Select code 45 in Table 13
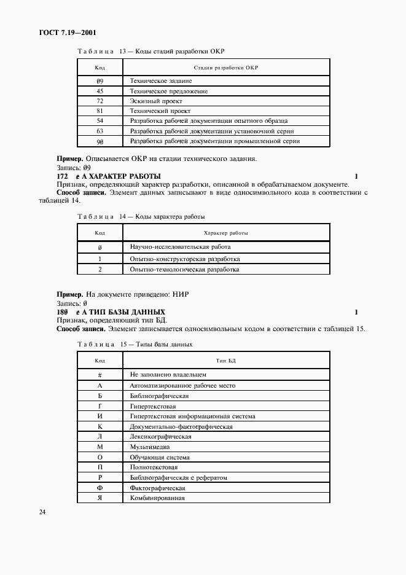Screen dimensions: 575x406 (x=100, y=91)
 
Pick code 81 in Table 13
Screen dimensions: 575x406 (x=100, y=111)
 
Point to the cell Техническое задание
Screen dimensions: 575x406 (x=161, y=81)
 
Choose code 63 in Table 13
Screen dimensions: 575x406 (x=100, y=131)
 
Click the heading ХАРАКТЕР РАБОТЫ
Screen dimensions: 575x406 (x=125, y=176)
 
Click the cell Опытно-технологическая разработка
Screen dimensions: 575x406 (x=184, y=269)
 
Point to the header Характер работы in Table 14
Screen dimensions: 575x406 (x=225, y=233)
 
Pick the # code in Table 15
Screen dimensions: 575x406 (x=100, y=374)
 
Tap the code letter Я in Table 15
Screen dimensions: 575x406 (x=100, y=497)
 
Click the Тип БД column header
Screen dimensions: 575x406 (x=225, y=360)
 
